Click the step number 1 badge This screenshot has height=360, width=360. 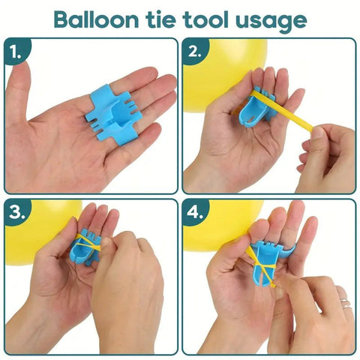(x=17, y=54)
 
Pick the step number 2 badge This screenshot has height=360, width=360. (x=196, y=54)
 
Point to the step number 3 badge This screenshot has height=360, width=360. (x=17, y=214)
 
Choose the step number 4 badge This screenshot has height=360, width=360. (x=196, y=214)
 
